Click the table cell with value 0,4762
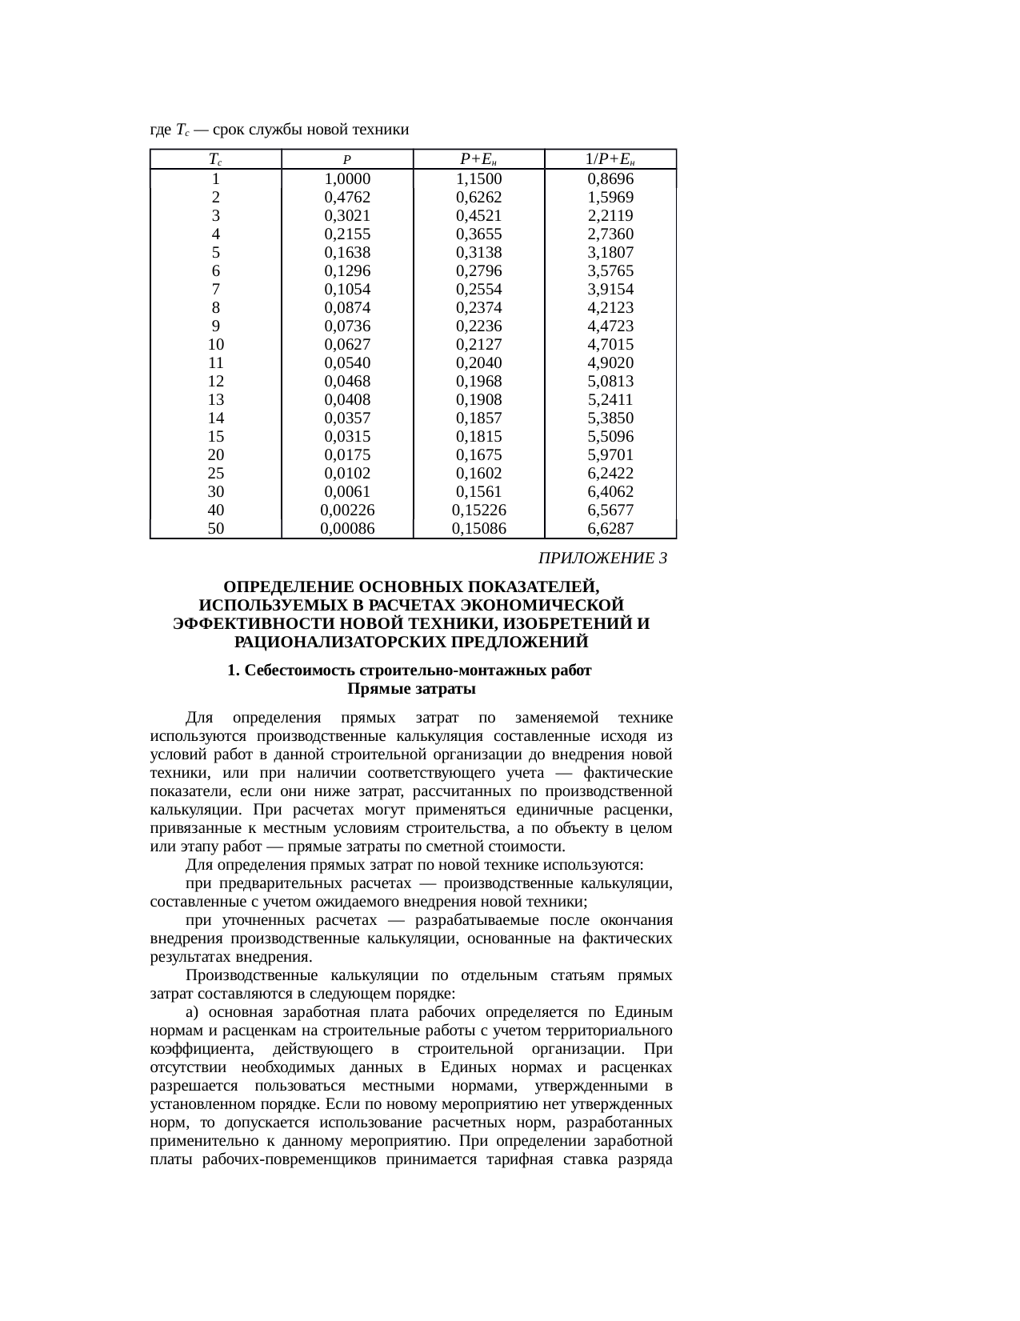[347, 197]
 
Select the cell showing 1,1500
[478, 178]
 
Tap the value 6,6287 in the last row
[610, 528]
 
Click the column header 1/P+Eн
[610, 158]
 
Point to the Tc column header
[215, 158]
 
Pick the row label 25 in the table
[215, 473]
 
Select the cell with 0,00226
[347, 510]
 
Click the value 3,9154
[610, 289]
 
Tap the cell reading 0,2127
[478, 344]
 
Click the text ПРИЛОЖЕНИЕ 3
[602, 558]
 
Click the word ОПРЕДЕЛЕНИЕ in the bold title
[290, 586]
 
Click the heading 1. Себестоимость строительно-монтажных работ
[409, 671]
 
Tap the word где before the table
[160, 130]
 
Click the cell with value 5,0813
[610, 381]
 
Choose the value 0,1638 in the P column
[347, 252]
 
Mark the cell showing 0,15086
[478, 528]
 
